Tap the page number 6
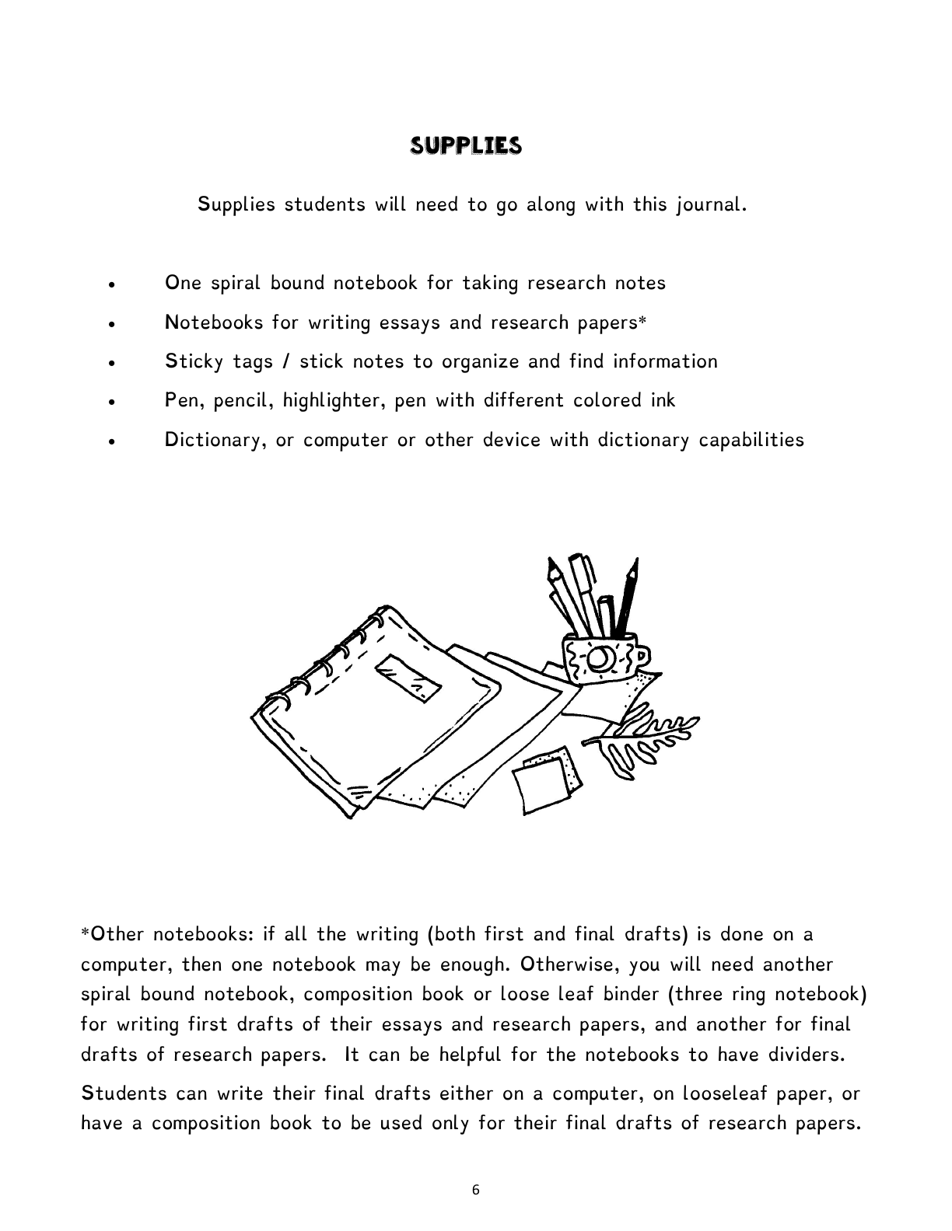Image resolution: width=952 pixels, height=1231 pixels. coord(476,1189)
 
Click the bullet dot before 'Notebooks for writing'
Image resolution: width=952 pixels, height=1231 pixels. coord(114,324)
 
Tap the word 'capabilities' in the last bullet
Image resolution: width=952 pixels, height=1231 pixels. coord(751,441)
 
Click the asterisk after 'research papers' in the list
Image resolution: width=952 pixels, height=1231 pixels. coord(642,321)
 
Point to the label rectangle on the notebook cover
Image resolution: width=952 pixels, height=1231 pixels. coord(408,677)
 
